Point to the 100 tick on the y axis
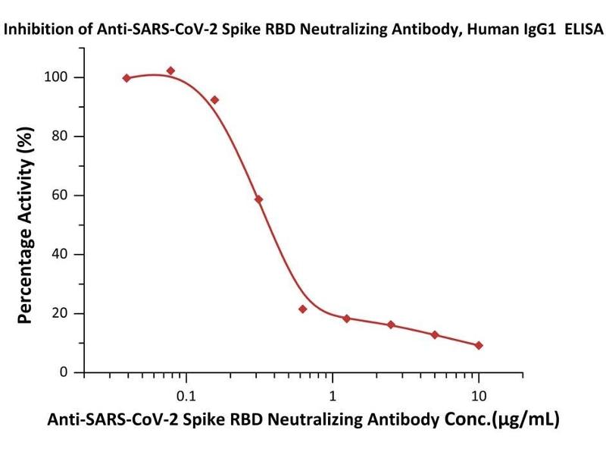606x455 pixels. pos(64,77)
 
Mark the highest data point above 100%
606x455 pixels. pos(170,71)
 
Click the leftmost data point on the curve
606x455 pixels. pos(127,78)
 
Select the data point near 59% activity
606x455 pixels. pos(258,199)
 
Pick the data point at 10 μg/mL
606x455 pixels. pos(479,345)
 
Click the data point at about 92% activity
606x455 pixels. pos(214,100)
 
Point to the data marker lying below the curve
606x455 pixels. pos(302,309)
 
